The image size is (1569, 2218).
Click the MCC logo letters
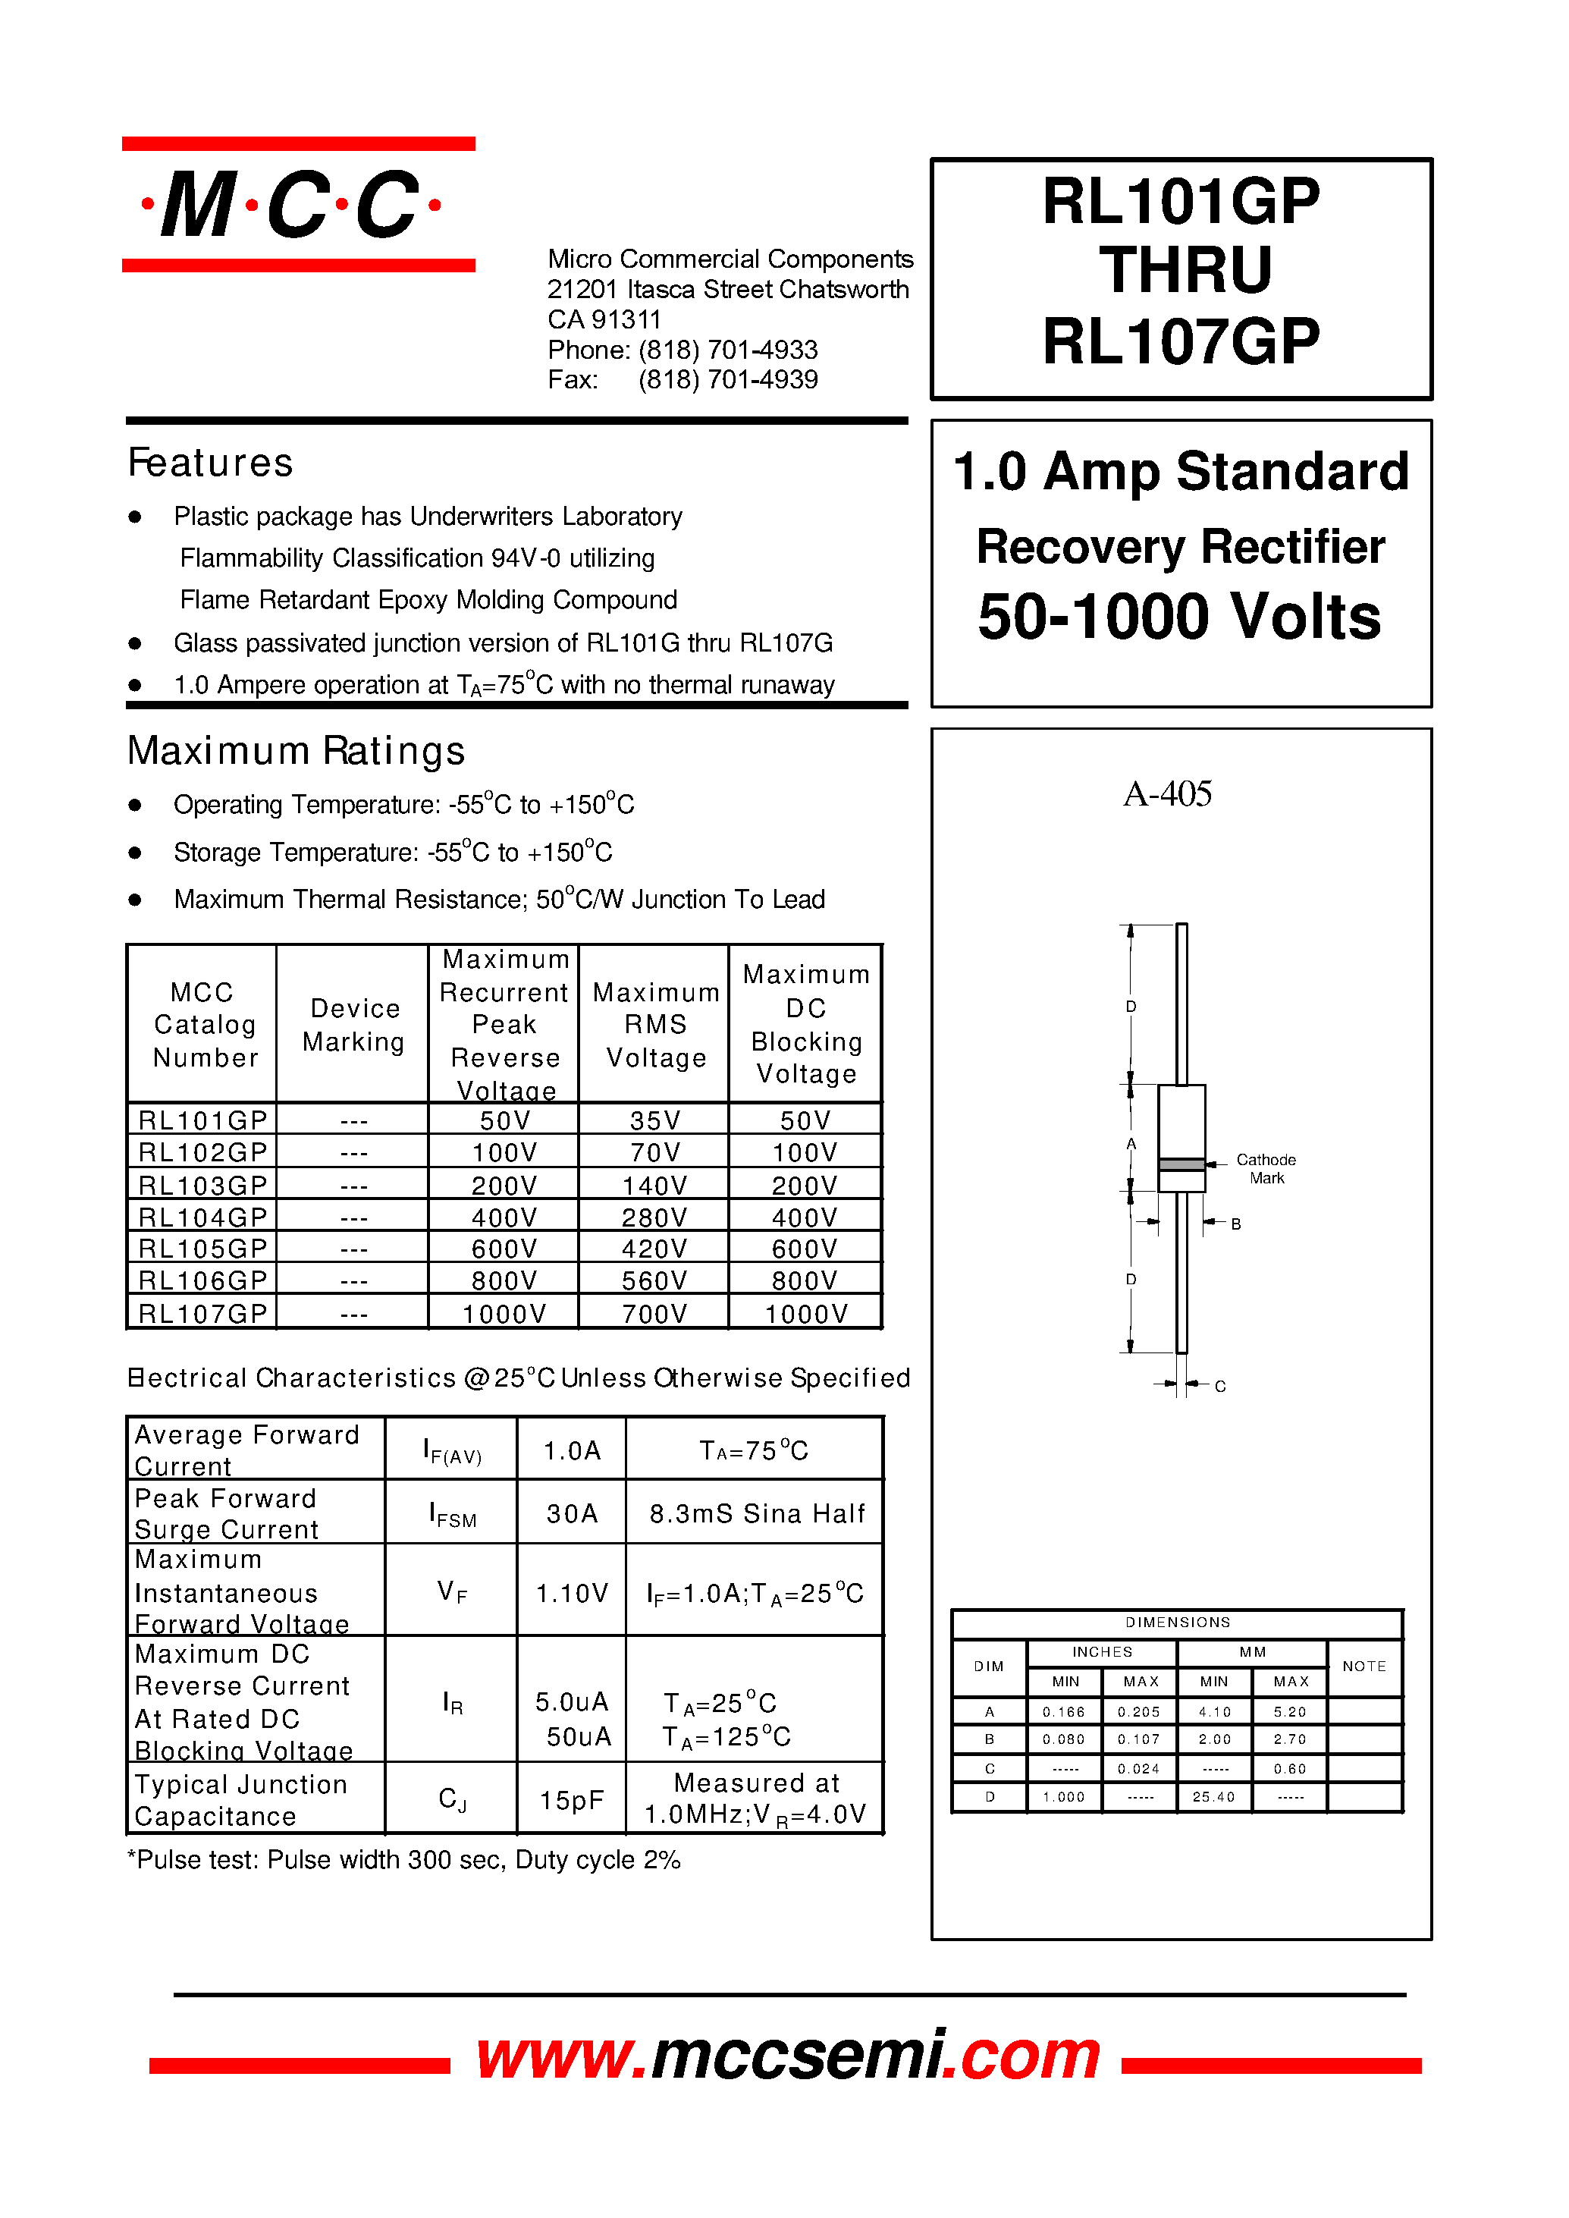click(290, 205)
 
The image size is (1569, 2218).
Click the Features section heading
click(211, 463)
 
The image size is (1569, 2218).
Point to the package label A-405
click(1167, 793)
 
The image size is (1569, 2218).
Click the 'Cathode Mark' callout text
click(1266, 1168)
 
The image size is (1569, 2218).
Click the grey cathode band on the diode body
click(1181, 1164)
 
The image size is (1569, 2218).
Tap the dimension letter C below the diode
click(1220, 1386)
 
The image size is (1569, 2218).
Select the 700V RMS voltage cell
click(654, 1313)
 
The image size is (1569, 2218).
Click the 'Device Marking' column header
click(353, 1025)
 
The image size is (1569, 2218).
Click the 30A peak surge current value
click(572, 1513)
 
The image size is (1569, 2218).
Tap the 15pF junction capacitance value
click(572, 1799)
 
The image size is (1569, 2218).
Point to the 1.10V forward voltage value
click(572, 1593)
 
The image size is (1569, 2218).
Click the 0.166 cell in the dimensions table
click(1064, 1711)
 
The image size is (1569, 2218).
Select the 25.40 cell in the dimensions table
click(1213, 1797)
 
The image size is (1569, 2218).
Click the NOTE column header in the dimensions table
click(1364, 1667)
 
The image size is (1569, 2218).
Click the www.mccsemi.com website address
click(787, 2055)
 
